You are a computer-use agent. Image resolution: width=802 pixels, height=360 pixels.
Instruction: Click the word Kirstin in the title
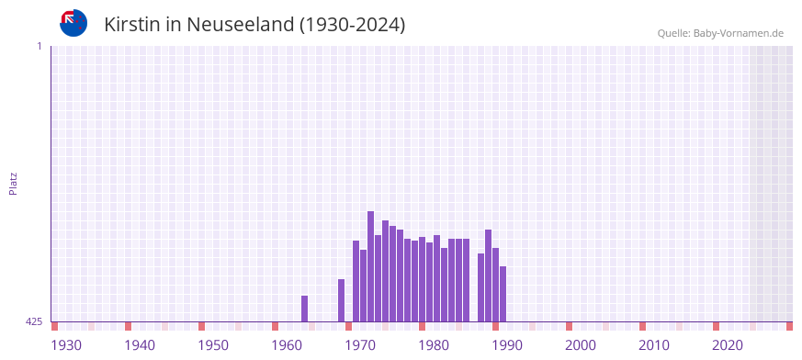coord(132,25)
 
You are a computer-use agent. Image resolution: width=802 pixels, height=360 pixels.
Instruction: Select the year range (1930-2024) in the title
coord(353,25)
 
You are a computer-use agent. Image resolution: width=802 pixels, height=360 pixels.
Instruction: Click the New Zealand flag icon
coord(73,23)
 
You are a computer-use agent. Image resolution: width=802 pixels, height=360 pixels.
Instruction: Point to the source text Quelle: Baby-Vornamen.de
coord(719,33)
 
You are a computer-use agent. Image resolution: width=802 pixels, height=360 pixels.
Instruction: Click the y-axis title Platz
coord(13,183)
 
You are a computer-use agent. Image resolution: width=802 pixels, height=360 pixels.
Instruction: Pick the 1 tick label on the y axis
coord(39,46)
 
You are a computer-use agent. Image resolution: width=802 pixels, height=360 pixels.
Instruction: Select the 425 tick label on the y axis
coord(34,321)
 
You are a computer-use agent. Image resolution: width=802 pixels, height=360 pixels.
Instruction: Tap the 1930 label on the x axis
coord(66,345)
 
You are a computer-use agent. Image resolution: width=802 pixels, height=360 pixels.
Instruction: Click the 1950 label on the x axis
coord(213,345)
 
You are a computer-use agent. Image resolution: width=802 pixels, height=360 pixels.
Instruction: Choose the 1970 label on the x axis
coord(360,345)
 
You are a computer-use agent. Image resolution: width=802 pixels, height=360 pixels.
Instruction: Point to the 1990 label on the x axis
coord(507,345)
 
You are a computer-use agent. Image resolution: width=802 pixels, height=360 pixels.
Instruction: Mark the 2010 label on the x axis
coord(654,345)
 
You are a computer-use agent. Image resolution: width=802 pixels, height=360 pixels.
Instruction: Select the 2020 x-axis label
coord(728,345)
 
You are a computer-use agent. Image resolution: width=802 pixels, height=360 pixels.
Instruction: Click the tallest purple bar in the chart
coord(371,266)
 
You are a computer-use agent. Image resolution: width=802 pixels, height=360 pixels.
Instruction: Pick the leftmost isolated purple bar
coord(305,309)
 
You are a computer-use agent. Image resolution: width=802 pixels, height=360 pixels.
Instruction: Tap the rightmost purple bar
coord(503,294)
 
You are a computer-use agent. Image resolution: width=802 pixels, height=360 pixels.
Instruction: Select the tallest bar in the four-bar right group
coord(489,276)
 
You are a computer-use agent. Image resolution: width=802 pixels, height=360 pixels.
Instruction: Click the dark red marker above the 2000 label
coord(570,326)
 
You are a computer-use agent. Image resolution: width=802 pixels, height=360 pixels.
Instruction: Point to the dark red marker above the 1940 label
coord(129,326)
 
